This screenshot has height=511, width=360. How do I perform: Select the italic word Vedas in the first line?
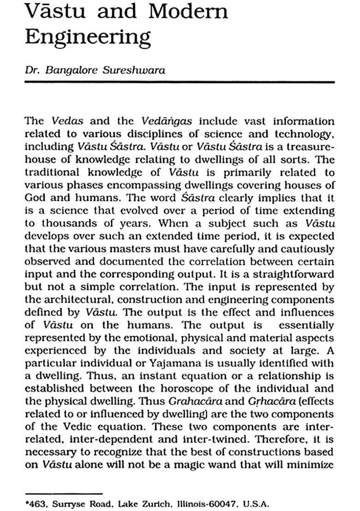tap(67, 122)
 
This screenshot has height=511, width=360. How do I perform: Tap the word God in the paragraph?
tap(35, 197)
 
